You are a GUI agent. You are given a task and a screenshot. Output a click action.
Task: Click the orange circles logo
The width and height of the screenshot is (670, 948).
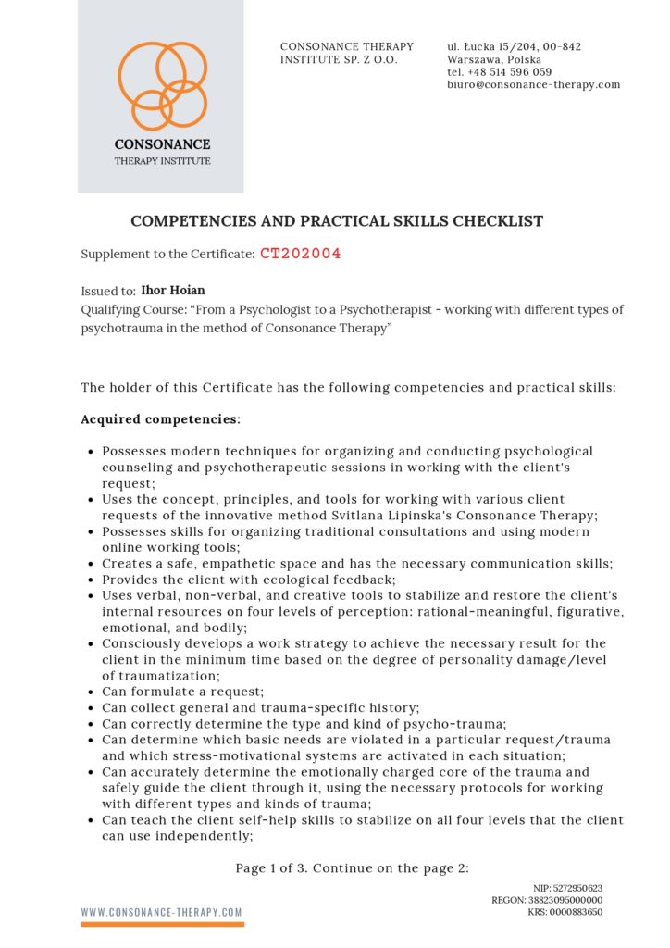(162, 84)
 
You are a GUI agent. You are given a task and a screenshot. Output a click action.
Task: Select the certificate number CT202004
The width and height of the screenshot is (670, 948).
(300, 253)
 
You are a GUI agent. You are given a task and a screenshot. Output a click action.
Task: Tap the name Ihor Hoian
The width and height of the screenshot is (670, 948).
(174, 291)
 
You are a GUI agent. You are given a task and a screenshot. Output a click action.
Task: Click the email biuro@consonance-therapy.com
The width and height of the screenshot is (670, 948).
(533, 84)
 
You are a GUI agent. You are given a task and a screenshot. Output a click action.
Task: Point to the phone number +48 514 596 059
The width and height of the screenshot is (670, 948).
(512, 71)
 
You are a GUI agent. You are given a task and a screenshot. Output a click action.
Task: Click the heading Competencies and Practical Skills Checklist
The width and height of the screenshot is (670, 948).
(337, 221)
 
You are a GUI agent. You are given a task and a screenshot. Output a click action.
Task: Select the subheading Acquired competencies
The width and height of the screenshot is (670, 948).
(160, 419)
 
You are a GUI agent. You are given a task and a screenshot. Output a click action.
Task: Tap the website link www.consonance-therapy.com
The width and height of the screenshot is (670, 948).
(162, 912)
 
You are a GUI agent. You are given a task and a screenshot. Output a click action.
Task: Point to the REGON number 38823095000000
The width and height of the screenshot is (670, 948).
(565, 899)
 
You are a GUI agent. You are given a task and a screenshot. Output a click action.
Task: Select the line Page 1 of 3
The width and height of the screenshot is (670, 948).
(353, 867)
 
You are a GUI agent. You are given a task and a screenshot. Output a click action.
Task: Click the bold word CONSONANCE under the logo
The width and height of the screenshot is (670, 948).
(162, 144)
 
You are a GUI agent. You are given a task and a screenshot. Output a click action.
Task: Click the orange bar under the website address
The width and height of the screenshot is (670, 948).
(162, 923)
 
